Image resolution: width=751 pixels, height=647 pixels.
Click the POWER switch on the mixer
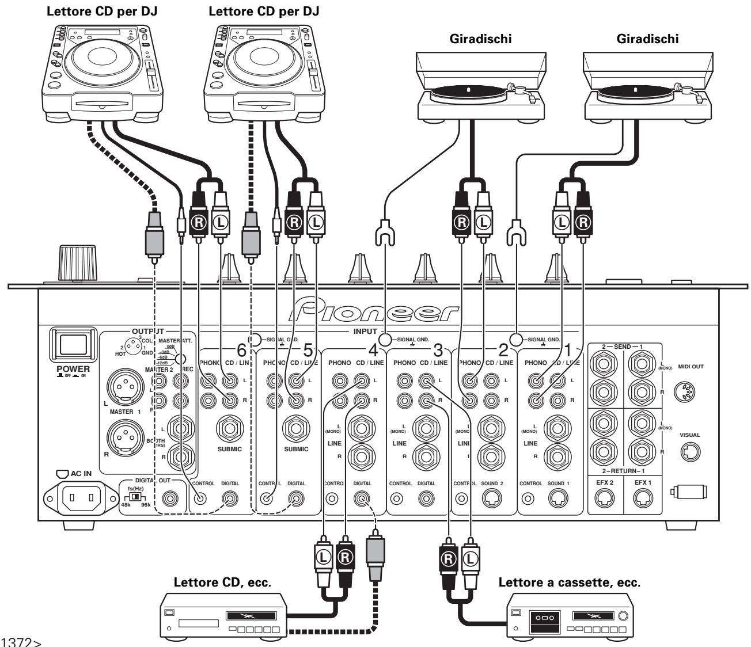[x=70, y=344]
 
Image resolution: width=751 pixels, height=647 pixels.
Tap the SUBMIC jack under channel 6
[x=230, y=427]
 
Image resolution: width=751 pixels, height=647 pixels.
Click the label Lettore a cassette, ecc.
[x=568, y=582]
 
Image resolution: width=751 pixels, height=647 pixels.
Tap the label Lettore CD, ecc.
[x=223, y=582]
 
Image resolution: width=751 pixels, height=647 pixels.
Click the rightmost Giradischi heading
[x=647, y=39]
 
